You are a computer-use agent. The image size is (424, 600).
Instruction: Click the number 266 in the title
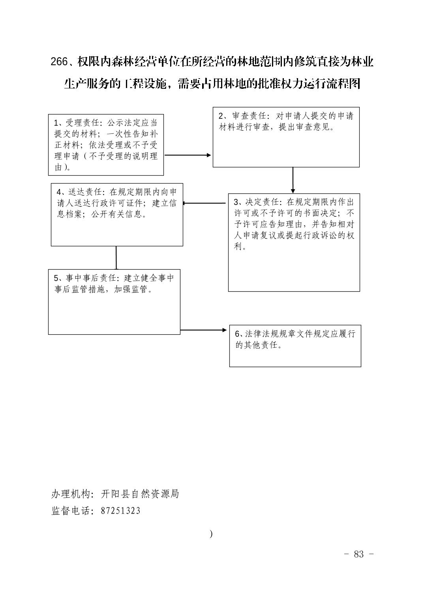(59, 62)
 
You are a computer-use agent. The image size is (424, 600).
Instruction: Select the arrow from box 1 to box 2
(188, 155)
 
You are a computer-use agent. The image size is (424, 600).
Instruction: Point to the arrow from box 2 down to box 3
(293, 180)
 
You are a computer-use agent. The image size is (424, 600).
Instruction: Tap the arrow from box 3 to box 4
(204, 203)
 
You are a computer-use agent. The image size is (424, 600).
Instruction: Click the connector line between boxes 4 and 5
(116, 258)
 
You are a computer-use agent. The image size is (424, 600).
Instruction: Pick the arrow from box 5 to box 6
(204, 330)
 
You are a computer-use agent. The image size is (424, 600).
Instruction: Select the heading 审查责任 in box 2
(250, 116)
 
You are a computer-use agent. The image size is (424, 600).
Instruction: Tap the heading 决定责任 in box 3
(262, 202)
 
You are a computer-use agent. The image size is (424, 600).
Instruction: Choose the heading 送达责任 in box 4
(85, 192)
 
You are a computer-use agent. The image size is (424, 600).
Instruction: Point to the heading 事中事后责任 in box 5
(91, 278)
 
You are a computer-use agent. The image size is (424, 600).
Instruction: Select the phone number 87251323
(120, 511)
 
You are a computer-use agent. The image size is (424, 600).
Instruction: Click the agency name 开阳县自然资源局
(140, 494)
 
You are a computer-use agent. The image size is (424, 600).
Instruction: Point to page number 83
(358, 554)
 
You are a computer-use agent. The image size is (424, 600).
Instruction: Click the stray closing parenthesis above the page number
(211, 534)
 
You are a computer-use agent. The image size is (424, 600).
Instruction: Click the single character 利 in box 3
(238, 246)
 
